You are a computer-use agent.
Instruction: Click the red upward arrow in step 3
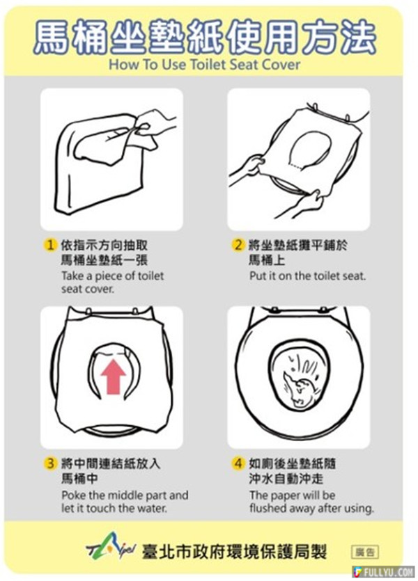pyautogui.click(x=113, y=377)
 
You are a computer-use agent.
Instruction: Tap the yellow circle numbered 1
pyautogui.click(x=50, y=246)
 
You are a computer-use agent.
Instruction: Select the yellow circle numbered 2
pyautogui.click(x=238, y=245)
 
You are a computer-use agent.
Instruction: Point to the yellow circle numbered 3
pyautogui.click(x=50, y=463)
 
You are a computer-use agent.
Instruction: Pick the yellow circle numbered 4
pyautogui.click(x=238, y=463)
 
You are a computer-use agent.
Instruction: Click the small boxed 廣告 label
pyautogui.click(x=365, y=552)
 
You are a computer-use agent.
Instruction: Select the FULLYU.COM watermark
pyautogui.click(x=384, y=571)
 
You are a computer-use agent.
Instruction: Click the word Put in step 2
pyautogui.click(x=256, y=276)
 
